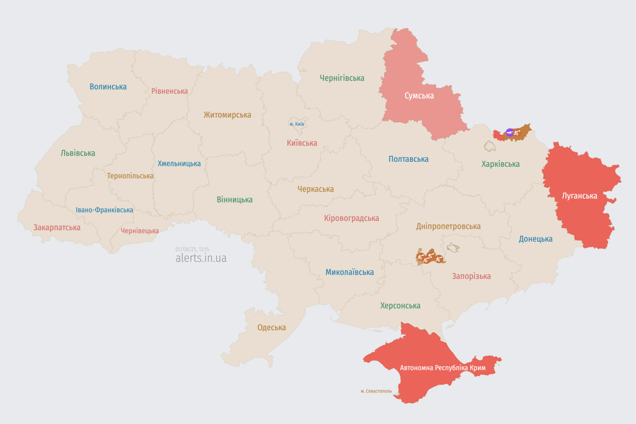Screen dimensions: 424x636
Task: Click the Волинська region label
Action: click(x=108, y=87)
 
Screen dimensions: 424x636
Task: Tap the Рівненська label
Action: click(x=169, y=91)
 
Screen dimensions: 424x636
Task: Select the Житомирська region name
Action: click(x=227, y=115)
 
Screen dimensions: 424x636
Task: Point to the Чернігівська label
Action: click(x=342, y=78)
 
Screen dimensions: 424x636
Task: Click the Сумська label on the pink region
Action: click(x=419, y=96)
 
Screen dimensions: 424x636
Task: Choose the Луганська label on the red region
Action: click(x=579, y=195)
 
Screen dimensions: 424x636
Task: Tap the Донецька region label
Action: click(x=536, y=239)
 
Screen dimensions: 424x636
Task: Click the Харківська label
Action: click(x=500, y=164)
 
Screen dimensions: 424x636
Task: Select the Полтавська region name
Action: click(x=408, y=159)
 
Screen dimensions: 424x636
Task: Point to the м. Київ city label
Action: click(x=296, y=124)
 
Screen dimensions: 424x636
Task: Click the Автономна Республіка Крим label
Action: click(x=442, y=368)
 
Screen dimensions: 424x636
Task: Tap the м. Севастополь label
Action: click(x=376, y=391)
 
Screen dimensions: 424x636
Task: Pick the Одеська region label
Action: click(x=272, y=327)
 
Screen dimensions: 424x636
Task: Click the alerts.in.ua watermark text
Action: click(x=200, y=258)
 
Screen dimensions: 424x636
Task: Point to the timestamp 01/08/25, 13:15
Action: click(x=192, y=250)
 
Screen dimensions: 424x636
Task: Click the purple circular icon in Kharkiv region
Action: click(x=510, y=132)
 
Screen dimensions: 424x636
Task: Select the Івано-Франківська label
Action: click(x=104, y=210)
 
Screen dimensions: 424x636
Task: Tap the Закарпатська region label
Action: click(x=57, y=227)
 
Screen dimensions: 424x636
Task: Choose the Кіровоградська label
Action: click(x=351, y=218)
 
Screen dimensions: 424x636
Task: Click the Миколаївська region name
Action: click(x=349, y=272)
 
